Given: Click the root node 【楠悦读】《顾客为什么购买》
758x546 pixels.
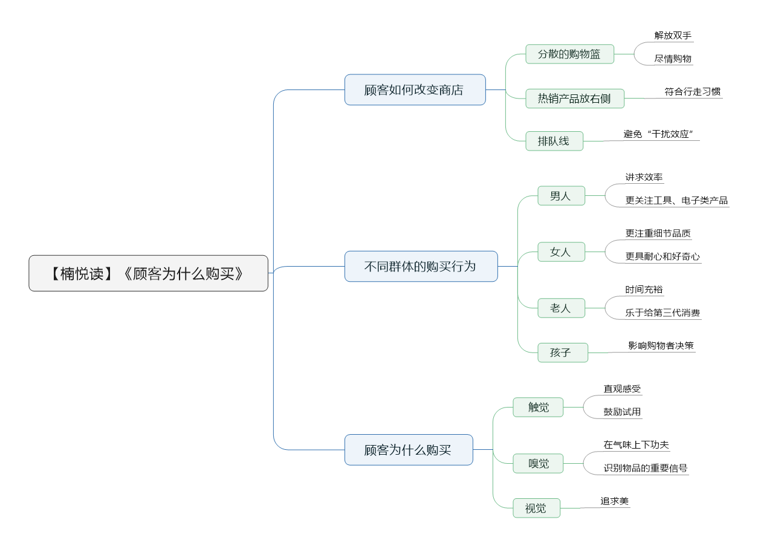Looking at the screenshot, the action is coord(148,273).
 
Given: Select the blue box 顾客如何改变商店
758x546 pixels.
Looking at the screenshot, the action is coord(415,89).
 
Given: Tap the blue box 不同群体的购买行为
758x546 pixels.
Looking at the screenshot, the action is coord(421,267).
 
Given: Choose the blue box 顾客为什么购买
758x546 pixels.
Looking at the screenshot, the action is coord(409,450).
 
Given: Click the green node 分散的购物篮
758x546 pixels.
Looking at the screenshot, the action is coord(569,54).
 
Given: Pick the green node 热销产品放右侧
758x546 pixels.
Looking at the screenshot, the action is coord(575,99).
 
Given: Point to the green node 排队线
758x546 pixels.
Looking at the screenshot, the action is coord(554,141).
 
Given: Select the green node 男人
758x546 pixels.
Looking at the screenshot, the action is coord(561,196).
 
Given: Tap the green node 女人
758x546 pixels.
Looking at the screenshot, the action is coord(561,252).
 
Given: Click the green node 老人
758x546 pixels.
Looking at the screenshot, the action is coord(561,308).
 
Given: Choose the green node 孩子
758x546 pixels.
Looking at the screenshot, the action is coord(563,353).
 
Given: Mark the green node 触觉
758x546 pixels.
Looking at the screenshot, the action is coord(538,407).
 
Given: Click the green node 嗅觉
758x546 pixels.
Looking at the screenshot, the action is coord(538,463).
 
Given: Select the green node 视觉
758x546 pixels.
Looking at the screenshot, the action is coord(536,508).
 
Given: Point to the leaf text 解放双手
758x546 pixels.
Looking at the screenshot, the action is coord(673,36).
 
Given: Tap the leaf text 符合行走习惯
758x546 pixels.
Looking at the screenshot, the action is coord(692,92).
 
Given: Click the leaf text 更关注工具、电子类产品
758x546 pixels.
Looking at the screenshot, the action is coord(676,200).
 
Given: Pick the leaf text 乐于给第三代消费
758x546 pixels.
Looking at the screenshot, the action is coord(662,313).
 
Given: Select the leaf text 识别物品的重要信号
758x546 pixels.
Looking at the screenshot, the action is coord(646,468).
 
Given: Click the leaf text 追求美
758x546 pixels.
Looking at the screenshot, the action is coord(614,501).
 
